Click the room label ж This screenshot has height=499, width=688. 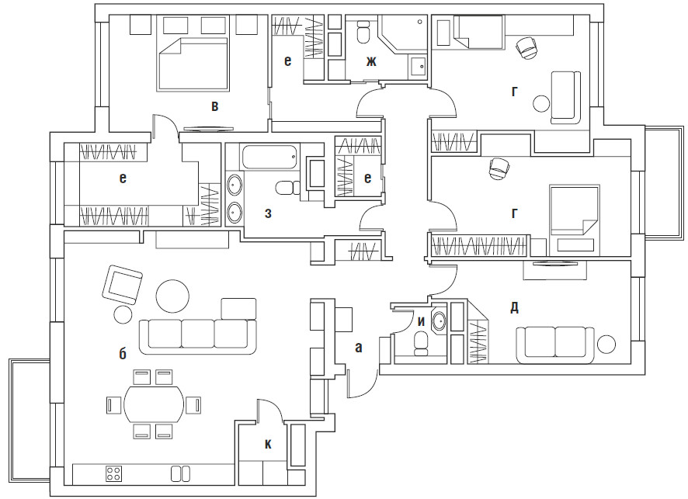(371, 61)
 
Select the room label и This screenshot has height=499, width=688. (422, 320)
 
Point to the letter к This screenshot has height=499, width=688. (268, 444)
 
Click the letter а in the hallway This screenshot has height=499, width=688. (358, 348)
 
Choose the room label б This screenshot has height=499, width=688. (123, 354)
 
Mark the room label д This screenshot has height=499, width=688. (514, 307)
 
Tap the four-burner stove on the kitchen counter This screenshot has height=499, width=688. (113, 473)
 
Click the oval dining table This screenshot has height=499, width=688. (155, 405)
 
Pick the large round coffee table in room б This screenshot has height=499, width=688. (172, 296)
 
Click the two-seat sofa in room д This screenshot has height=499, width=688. (554, 342)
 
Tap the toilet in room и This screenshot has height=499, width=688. (422, 342)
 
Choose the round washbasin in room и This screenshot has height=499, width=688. (440, 321)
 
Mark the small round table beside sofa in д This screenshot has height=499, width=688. (606, 344)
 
